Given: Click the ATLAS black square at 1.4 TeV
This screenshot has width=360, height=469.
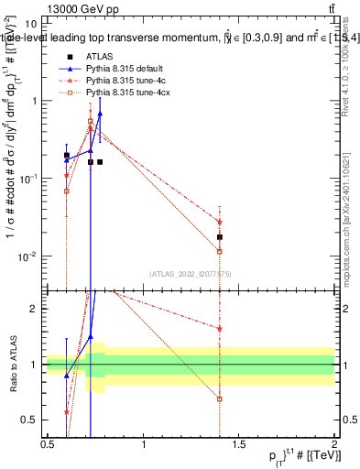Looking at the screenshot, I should point(220,236).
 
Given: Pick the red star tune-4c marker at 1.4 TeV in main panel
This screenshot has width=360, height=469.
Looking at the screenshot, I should point(220,222).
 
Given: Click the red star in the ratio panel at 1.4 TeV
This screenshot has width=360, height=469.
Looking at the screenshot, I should point(220,328).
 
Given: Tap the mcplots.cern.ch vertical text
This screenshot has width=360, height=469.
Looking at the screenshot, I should point(352,220).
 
